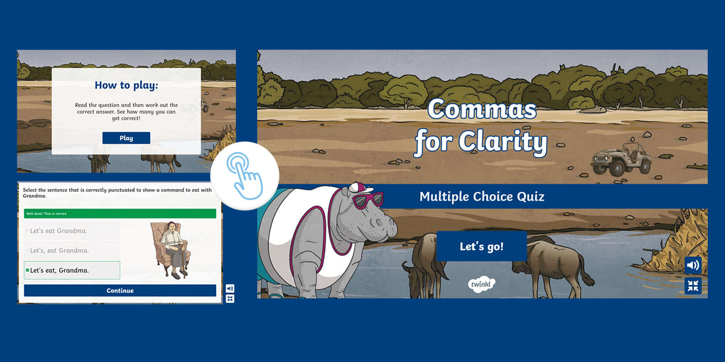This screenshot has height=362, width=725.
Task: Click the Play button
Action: click(126, 138)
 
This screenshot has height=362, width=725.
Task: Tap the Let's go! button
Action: click(482, 247)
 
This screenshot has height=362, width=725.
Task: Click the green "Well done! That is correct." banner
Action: click(120, 214)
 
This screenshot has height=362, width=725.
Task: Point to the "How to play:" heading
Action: click(126, 86)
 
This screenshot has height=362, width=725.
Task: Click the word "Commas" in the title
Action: click(482, 110)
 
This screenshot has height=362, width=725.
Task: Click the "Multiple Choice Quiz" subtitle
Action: click(482, 197)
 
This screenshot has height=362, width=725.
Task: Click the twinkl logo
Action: click(482, 284)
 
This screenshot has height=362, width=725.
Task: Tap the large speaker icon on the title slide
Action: click(693, 265)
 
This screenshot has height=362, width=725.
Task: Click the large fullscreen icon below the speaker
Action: click(693, 286)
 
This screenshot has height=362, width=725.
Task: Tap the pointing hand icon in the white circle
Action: click(245, 176)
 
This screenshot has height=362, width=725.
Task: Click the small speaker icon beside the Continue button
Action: click(230, 288)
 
